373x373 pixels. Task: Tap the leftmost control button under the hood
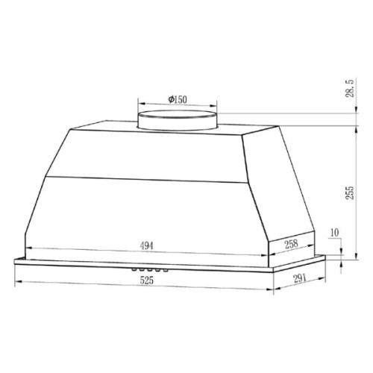134,270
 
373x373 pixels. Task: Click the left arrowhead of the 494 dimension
28,251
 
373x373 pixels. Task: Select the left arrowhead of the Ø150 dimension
139,105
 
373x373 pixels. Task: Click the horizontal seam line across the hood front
149,179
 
